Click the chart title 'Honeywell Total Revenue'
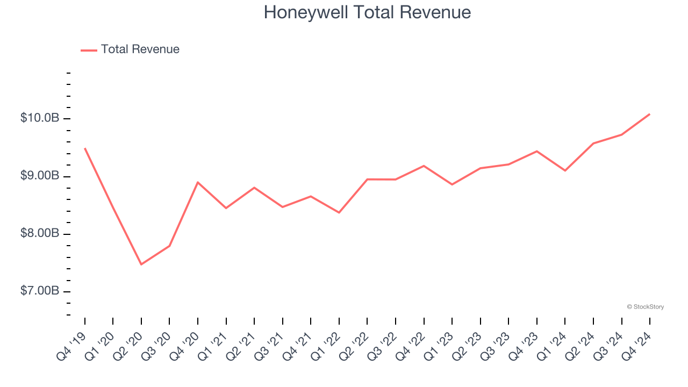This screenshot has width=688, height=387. (367, 12)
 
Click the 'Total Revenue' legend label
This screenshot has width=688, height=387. (140, 49)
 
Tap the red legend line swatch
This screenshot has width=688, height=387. (89, 50)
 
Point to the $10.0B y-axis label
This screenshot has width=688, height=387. (40, 118)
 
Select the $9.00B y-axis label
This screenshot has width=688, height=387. (40, 176)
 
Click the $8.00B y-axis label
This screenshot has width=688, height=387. (40, 234)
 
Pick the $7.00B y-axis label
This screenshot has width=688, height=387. (40, 291)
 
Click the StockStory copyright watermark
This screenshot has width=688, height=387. (645, 307)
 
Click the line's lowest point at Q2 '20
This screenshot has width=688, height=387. (141, 264)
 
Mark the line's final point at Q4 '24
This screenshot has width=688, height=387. (649, 114)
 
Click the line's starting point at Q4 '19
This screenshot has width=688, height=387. (85, 148)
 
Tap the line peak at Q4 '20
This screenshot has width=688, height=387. (198, 182)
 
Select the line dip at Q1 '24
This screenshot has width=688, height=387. (565, 170)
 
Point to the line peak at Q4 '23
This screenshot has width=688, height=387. (536, 151)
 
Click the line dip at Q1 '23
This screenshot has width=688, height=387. (452, 184)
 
